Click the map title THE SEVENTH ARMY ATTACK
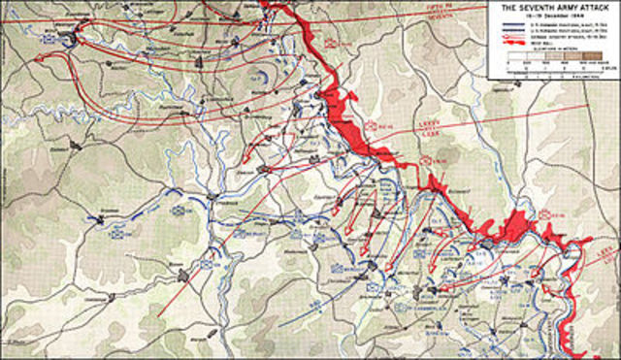click(553, 8)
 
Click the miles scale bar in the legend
click(553, 69)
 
